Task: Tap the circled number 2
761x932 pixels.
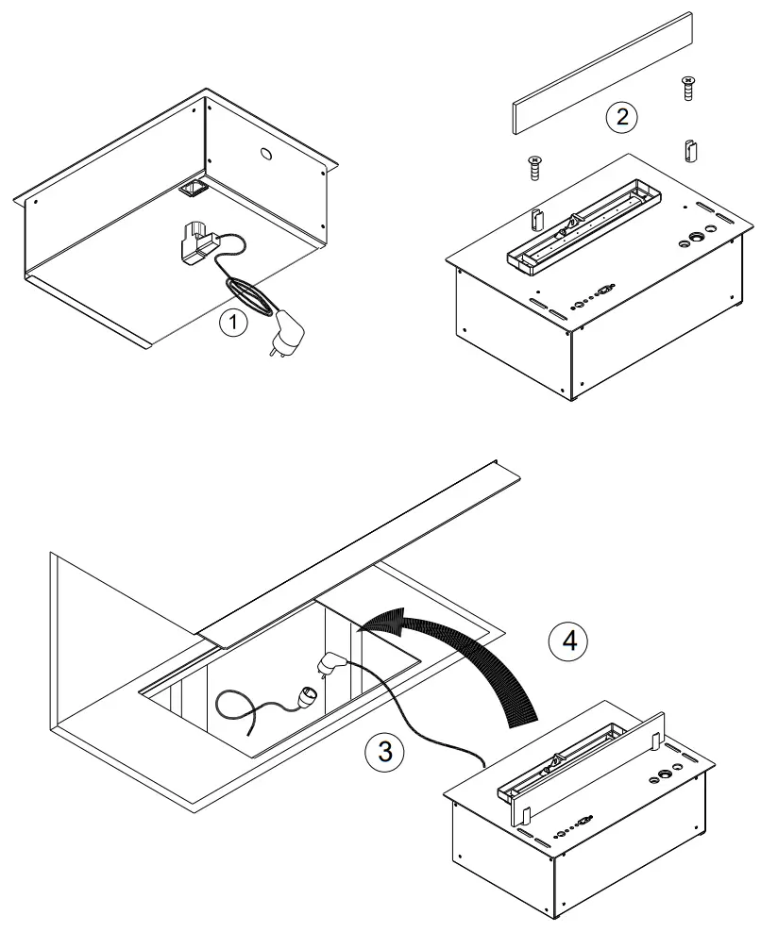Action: coord(620,117)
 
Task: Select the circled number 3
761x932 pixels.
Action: coord(384,753)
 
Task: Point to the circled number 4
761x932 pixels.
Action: coord(568,641)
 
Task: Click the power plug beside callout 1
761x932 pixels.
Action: coord(287,334)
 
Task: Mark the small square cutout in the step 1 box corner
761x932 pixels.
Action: coord(194,190)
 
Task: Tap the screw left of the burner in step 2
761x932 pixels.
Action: coord(534,169)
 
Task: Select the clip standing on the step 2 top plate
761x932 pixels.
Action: coord(538,217)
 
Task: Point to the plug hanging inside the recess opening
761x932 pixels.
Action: coord(330,663)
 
